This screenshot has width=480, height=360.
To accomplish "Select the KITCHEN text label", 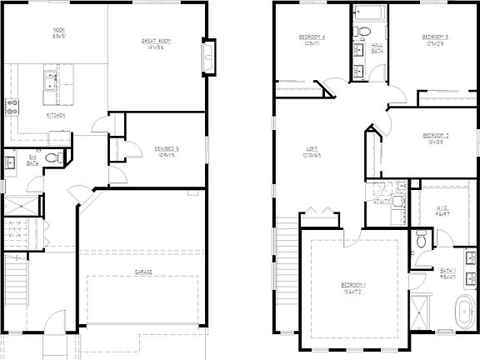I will tap(56, 114).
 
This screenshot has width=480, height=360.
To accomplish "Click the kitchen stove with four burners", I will tap(12, 107).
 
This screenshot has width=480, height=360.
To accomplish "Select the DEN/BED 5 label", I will tap(167, 151).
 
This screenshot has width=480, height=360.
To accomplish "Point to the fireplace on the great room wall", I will tap(209, 57).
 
